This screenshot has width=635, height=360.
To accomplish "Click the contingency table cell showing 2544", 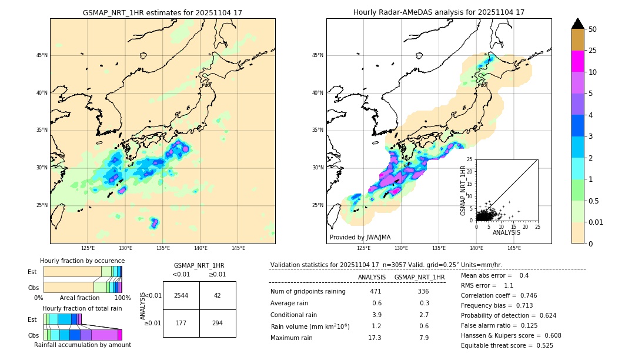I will [181, 295].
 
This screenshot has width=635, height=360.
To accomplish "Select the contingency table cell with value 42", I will [218, 295].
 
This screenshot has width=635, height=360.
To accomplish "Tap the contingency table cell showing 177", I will [181, 323].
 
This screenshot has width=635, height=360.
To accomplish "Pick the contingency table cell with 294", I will [218, 323].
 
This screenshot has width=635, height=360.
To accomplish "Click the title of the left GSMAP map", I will [162, 12].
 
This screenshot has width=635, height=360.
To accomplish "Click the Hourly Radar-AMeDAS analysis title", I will [439, 12].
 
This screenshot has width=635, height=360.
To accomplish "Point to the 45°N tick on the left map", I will [42, 55].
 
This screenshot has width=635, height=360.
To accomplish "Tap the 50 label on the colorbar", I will [593, 29].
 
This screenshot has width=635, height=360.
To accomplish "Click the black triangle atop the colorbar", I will [578, 24].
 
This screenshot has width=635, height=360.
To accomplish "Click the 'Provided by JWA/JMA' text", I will [360, 238].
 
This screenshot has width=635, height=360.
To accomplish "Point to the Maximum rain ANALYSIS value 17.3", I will [375, 338].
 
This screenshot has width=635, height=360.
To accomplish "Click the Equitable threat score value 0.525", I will [540, 345].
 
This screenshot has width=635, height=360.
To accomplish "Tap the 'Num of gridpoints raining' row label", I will [308, 292].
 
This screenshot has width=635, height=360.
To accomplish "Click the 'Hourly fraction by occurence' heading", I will [82, 261].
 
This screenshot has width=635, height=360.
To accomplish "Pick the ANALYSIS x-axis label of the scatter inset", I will [506, 232].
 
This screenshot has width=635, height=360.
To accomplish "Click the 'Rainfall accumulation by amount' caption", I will [82, 345].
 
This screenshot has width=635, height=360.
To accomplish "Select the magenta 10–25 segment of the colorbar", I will [578, 61].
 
